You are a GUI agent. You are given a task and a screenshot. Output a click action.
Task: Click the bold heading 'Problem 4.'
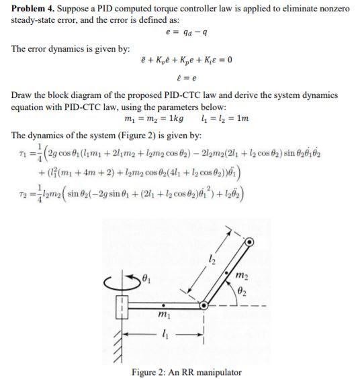pyautogui.click(x=32, y=8)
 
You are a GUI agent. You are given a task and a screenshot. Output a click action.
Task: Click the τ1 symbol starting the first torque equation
pyautogui.click(x=18, y=149)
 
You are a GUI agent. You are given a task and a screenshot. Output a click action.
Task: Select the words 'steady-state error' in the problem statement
pyautogui.click(x=42, y=19)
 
